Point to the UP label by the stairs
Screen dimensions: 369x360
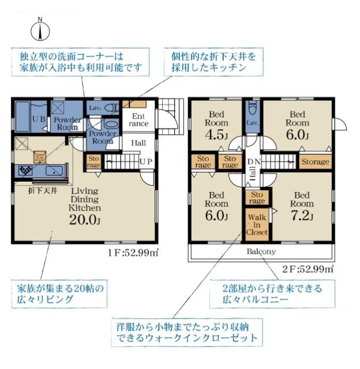point(146,162)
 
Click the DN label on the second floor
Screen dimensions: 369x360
point(252,162)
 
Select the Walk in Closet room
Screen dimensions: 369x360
point(256,224)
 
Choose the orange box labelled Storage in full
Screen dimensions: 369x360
point(315,162)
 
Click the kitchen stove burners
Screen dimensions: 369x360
point(26,171)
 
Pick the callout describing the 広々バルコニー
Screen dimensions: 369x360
point(272,294)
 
